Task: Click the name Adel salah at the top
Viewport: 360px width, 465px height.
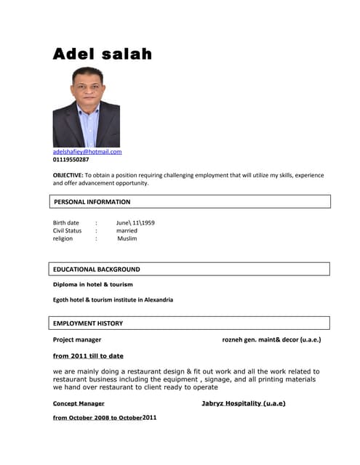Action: coord(102,54)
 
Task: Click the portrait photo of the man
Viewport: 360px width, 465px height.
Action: coord(86,107)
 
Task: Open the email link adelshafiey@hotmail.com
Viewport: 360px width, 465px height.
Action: coord(87,152)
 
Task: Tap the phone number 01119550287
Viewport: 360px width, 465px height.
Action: coord(71,160)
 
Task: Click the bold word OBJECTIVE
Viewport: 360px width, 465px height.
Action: coord(68,175)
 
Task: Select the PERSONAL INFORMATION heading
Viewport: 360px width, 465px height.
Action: coord(92,202)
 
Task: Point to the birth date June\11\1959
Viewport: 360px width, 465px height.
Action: coord(135,222)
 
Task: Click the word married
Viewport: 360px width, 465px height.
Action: coord(127,230)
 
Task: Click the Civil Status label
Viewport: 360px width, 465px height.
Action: coord(68,230)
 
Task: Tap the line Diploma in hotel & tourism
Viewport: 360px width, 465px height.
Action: coord(93,285)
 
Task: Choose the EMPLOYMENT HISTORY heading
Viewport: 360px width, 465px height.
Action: coord(88,323)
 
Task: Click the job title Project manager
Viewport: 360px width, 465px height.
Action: coord(77,339)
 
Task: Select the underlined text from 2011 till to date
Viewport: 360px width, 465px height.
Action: coord(88,356)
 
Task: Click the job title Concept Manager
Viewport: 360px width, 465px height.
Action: coord(79,403)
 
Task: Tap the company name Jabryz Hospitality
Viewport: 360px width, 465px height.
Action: coord(243,403)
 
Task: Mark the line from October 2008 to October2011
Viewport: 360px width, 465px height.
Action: coord(105,418)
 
